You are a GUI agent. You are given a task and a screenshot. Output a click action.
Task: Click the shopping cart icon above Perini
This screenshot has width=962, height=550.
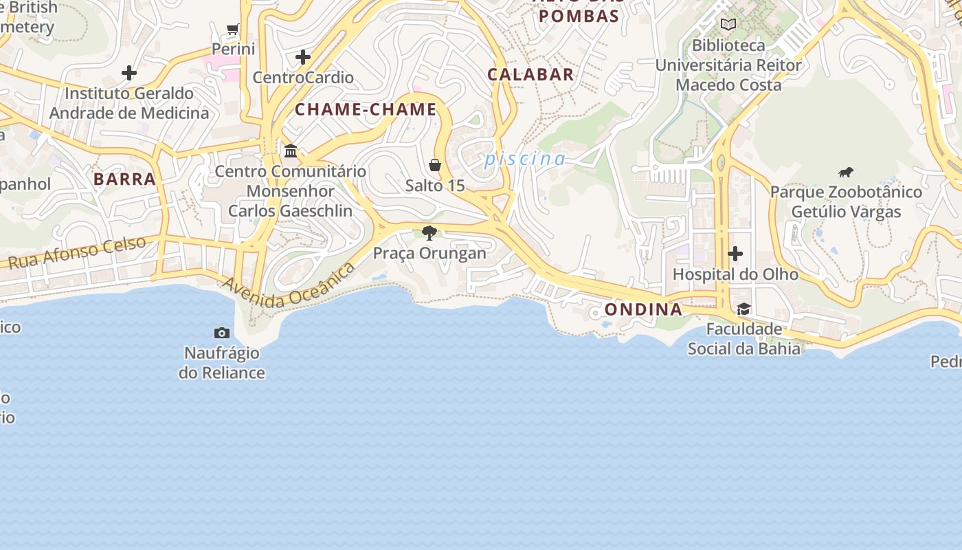(x=232, y=30)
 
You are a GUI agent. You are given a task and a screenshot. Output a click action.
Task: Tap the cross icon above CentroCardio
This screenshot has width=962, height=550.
(x=302, y=57)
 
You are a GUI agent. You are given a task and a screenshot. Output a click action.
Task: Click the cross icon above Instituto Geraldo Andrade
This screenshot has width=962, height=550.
(x=128, y=73)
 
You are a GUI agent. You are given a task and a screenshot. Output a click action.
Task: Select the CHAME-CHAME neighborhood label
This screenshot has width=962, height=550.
(x=366, y=109)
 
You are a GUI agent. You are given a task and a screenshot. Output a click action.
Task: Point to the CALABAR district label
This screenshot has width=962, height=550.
(x=530, y=75)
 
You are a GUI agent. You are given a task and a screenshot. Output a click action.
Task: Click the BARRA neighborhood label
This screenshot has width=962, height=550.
(x=124, y=179)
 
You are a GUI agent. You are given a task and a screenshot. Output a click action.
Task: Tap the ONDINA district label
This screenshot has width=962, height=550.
(x=643, y=309)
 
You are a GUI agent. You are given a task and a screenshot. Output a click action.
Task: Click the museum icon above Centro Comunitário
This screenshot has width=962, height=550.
(x=291, y=151)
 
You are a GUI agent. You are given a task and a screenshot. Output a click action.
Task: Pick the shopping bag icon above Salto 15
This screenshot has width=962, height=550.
(x=435, y=165)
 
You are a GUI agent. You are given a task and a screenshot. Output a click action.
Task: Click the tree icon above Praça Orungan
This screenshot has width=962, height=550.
(x=429, y=233)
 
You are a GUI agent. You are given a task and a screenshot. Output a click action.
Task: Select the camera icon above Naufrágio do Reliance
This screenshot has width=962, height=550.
(x=222, y=333)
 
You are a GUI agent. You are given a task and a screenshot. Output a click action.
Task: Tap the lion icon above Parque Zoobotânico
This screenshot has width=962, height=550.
(x=846, y=172)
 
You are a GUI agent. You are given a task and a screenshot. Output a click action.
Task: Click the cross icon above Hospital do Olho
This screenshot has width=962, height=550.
(x=735, y=254)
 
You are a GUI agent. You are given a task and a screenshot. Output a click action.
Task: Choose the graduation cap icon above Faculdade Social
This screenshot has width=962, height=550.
(x=743, y=309)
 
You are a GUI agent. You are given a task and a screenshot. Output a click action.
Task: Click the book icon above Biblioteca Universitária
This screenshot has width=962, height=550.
(x=728, y=25)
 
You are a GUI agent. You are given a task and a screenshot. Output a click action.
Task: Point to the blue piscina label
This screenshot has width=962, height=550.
(x=525, y=159)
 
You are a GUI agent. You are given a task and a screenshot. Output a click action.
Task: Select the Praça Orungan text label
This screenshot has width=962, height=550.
(x=429, y=253)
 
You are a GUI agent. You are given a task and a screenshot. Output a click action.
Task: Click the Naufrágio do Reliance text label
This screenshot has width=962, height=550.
(x=222, y=363)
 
